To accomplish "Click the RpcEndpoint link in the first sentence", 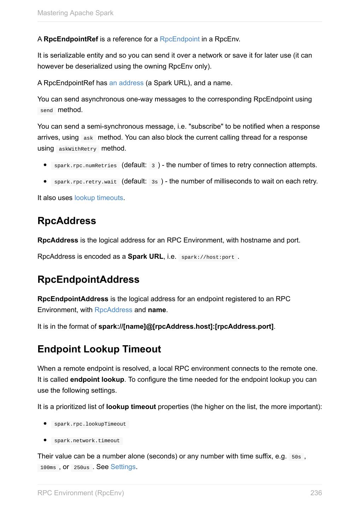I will pyautogui.click(x=179, y=39).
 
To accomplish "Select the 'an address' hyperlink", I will pyautogui.click(x=126, y=83).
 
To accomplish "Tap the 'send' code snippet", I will pyautogui.click(x=46, y=111).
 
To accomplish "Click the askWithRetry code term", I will pyautogui.click(x=77, y=149).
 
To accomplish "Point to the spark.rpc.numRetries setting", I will pyautogui.click(x=85, y=166).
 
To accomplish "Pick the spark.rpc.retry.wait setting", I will pyautogui.click(x=85, y=182).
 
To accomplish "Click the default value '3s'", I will pyautogui.click(x=154, y=182).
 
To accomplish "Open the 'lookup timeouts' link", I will pyautogui.click(x=99, y=198).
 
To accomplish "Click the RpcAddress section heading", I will pyautogui.click(x=67, y=221).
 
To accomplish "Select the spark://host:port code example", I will pyautogui.click(x=208, y=257).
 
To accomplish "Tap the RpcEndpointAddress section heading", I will pyautogui.click(x=88, y=280).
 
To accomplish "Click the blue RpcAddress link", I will pyautogui.click(x=113, y=310).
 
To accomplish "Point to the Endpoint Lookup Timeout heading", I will pyautogui.click(x=99, y=349).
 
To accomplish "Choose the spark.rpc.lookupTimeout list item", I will pyautogui.click(x=90, y=424).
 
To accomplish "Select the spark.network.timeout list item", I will pyautogui.click(x=87, y=441).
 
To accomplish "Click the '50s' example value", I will pyautogui.click(x=296, y=457).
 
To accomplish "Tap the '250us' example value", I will pyautogui.click(x=82, y=468).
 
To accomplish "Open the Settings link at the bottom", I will pyautogui.click(x=123, y=467).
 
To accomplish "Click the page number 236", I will pyautogui.click(x=316, y=493).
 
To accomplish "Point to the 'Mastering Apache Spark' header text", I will pyautogui.click(x=75, y=13).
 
